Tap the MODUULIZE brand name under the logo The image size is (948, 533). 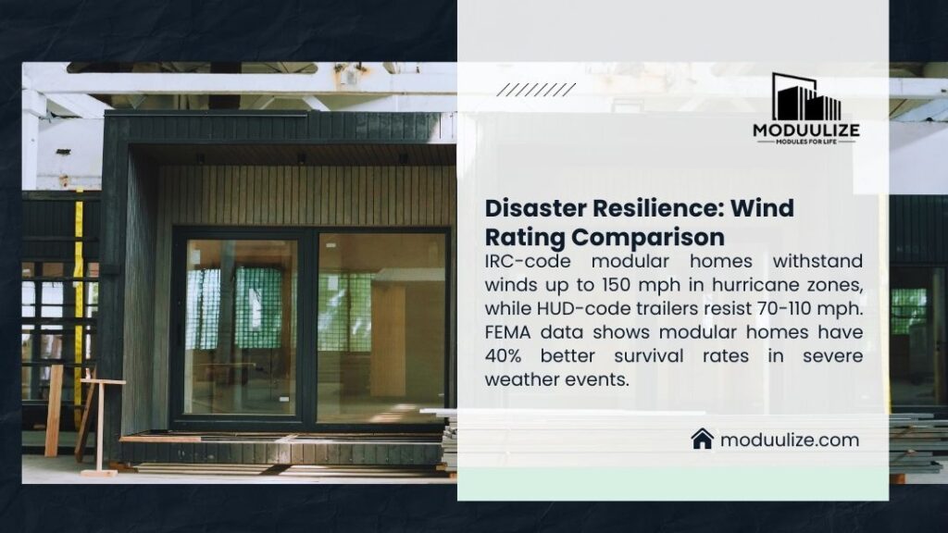pos(806,130)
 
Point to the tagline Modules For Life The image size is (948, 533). pos(806,142)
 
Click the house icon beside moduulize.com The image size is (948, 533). pos(702,439)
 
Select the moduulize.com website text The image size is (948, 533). pos(789,440)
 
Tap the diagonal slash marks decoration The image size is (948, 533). pos(535,90)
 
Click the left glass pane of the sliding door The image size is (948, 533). pos(241,326)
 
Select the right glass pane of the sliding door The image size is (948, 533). pos(380,326)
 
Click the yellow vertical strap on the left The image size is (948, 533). pos(79,296)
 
